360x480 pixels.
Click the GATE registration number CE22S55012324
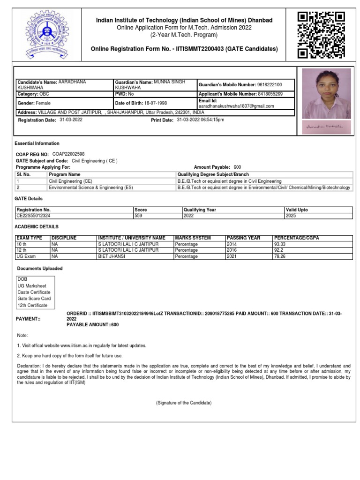tap(33, 216)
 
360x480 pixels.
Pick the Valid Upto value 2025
tap(291, 216)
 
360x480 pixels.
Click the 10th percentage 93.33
tap(280, 244)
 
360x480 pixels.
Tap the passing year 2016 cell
tap(232, 250)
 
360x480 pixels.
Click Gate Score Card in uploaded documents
tap(34, 299)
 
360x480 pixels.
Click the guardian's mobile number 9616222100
tap(270, 85)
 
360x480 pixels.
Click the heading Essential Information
tap(37, 143)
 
